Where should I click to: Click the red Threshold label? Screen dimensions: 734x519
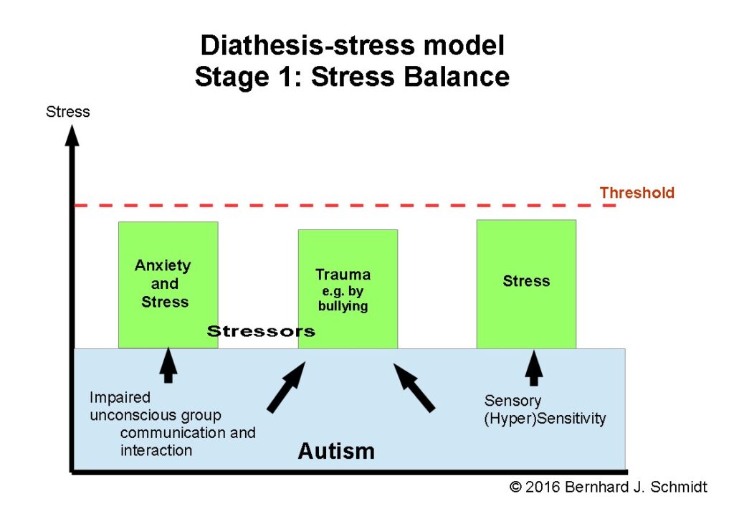coord(637,192)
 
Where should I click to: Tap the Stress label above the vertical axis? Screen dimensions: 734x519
coord(68,112)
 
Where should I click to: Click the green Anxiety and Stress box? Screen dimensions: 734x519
coord(168,285)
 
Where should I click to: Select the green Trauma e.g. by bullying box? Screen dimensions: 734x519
coord(348,289)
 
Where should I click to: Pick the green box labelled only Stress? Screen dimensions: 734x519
coord(526,284)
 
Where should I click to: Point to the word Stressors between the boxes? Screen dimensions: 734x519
coord(261,331)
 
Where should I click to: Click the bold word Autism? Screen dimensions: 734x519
coord(336,451)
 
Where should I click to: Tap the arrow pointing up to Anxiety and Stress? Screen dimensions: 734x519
coord(168,365)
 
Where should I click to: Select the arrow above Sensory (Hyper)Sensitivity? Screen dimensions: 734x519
coord(533,368)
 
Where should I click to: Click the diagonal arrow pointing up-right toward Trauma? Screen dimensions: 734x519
coord(286,388)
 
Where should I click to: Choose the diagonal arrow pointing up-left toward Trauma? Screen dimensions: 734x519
coord(414,388)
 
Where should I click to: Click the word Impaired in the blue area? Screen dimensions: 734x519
coord(120,397)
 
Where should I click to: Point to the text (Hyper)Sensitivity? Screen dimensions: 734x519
coord(545,418)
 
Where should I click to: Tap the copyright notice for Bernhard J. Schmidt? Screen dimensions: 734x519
coord(609,487)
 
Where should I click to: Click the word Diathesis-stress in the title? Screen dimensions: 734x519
coord(308,45)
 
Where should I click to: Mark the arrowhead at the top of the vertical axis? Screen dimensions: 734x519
coord(72,135)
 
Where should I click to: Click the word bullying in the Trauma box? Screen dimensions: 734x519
coord(343,306)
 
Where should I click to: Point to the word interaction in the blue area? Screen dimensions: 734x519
coord(156,450)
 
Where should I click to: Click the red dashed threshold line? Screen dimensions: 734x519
coord(345,206)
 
